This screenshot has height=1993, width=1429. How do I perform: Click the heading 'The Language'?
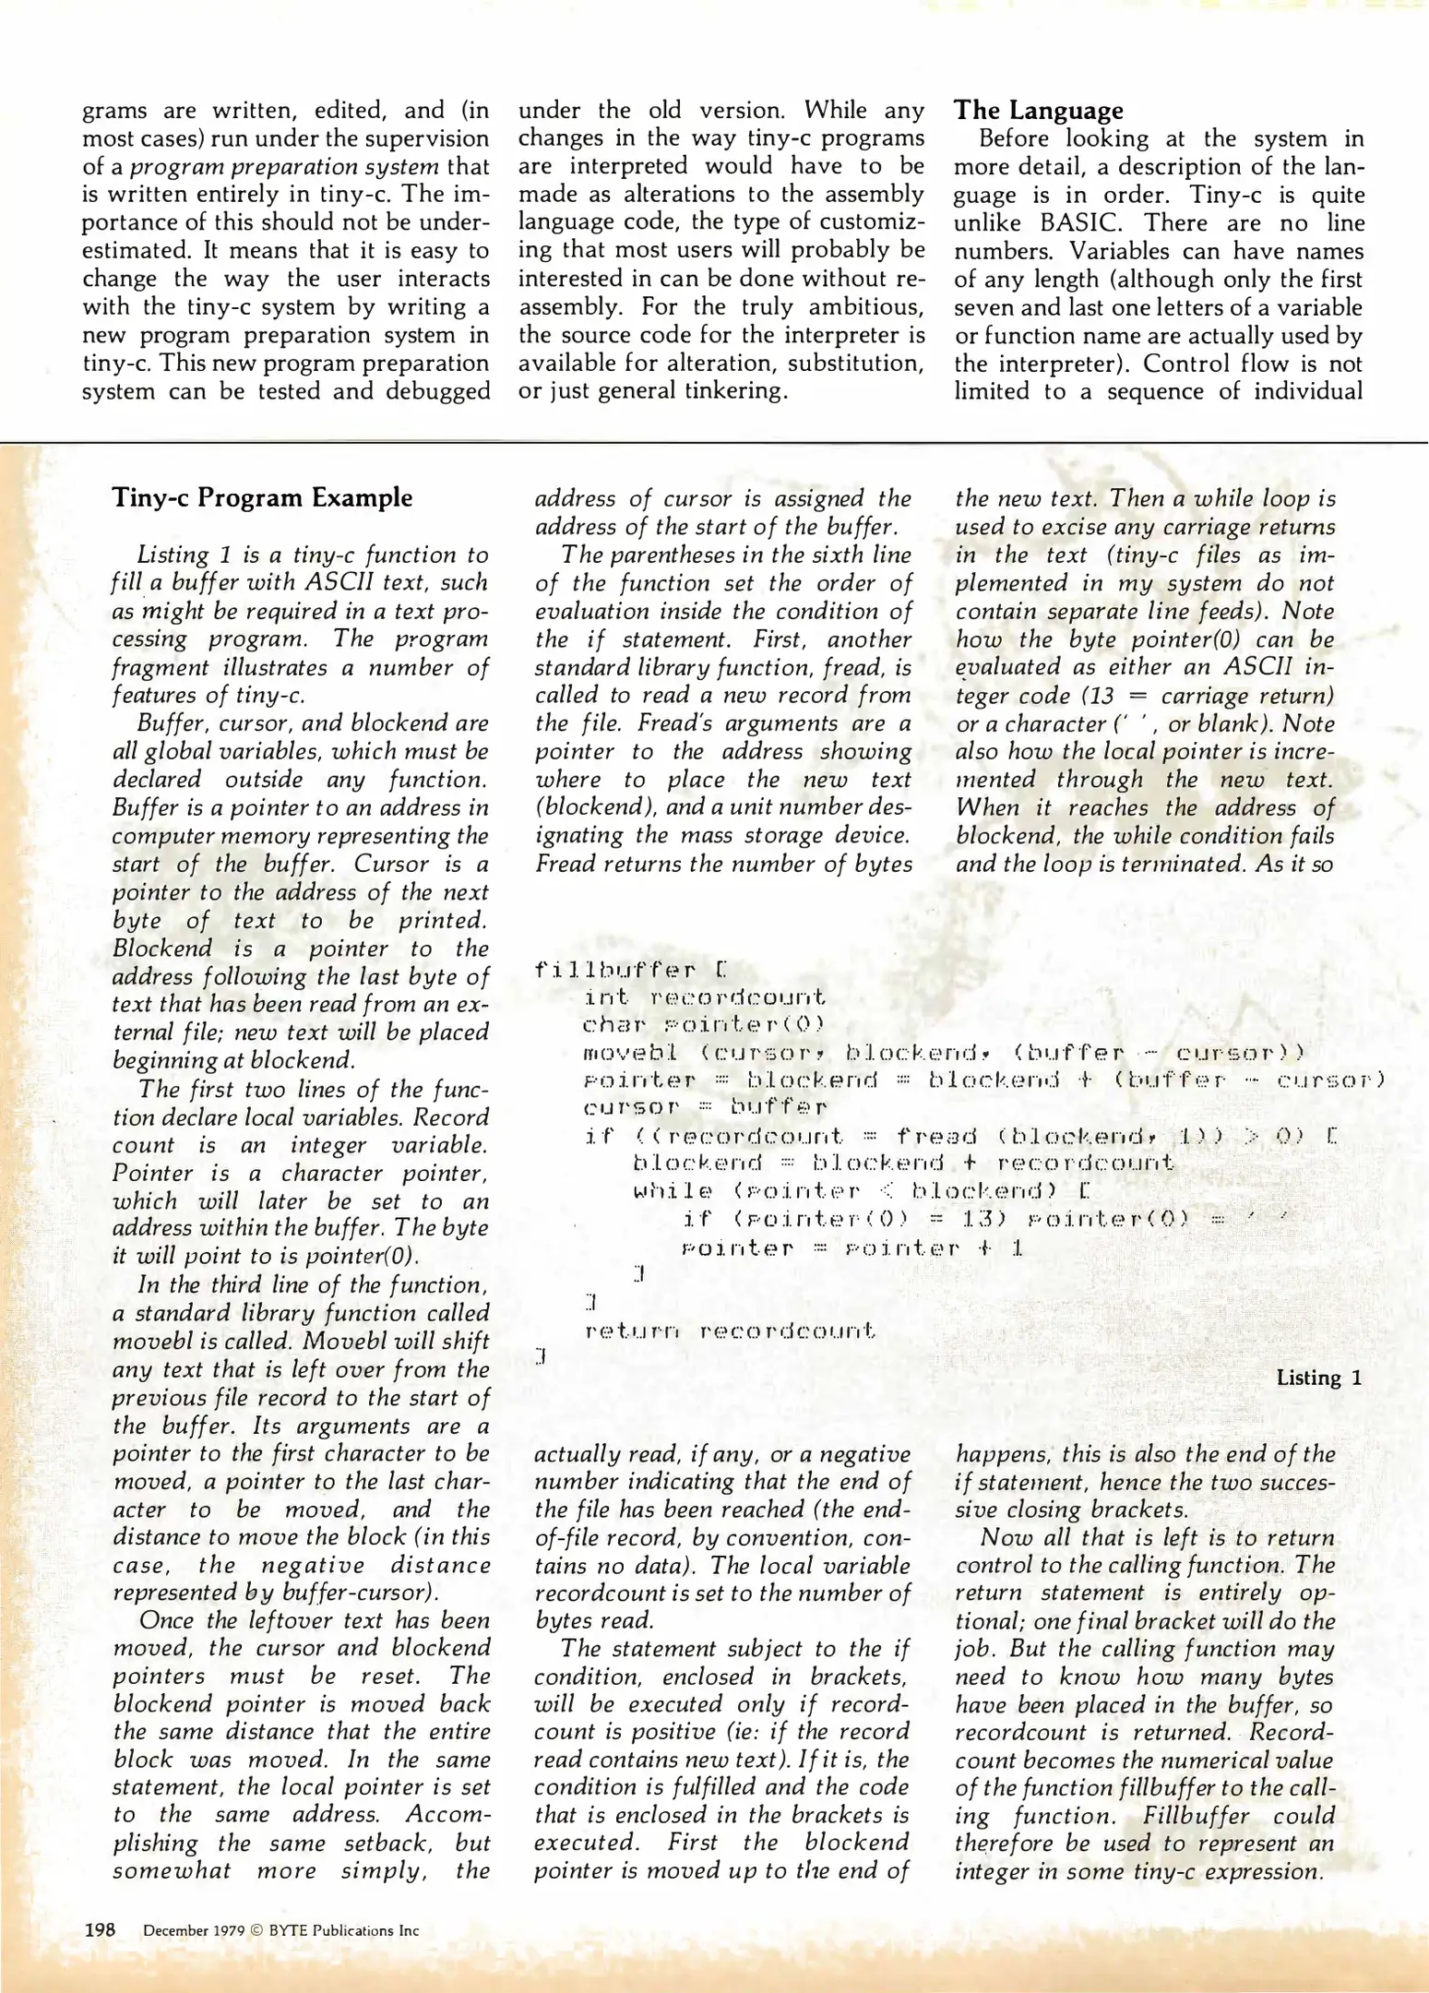tap(1038, 111)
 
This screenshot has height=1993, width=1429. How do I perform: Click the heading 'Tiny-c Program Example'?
tap(262, 497)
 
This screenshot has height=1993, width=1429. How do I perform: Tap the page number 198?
tap(100, 1929)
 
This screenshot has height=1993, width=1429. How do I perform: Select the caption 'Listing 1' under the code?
tap(1318, 1378)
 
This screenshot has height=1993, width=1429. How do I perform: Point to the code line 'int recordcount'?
tap(706, 997)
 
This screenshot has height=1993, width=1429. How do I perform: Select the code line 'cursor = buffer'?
tap(706, 1106)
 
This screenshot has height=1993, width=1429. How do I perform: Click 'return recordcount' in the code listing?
tap(730, 1331)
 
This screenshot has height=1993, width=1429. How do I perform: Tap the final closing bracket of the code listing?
tap(542, 1356)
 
